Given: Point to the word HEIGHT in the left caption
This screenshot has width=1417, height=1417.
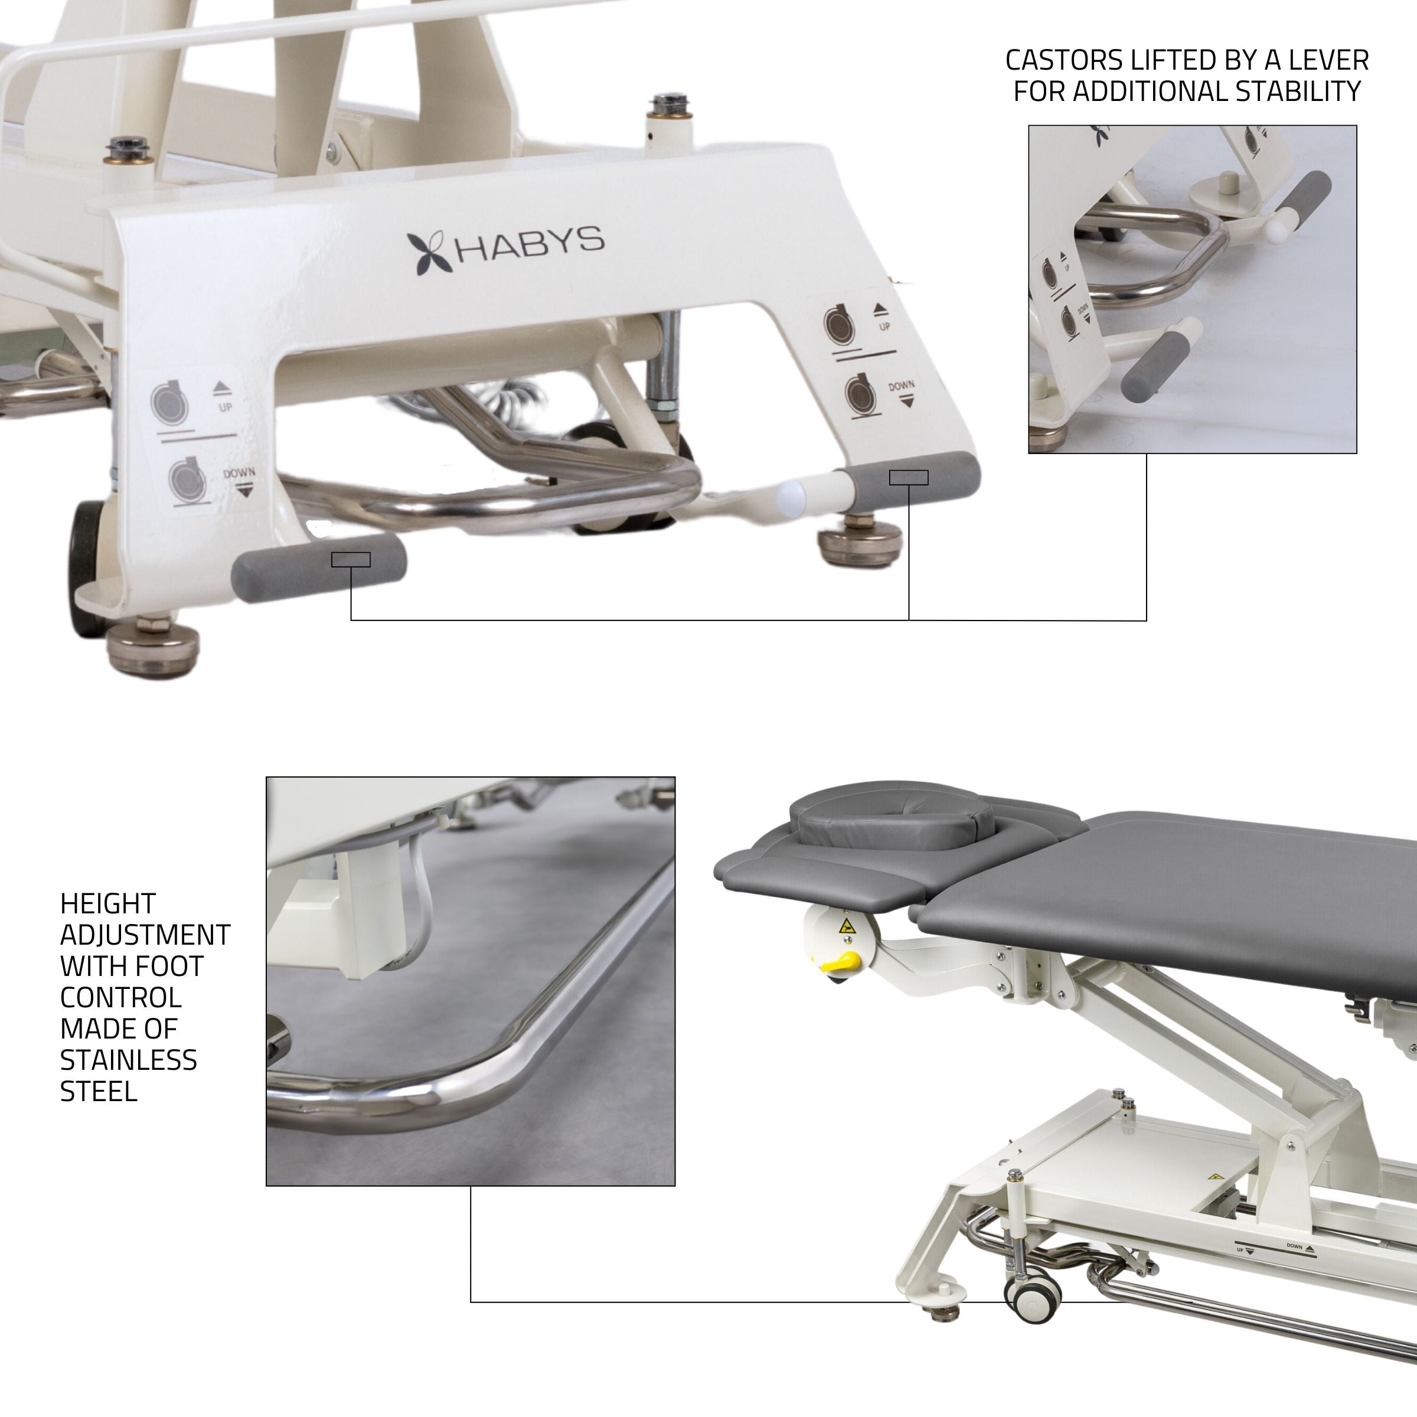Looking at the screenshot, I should coord(108,903).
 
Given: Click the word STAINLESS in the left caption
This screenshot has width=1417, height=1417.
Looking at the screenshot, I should coord(128,1060).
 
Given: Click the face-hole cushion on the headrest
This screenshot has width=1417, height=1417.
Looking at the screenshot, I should coord(890,827).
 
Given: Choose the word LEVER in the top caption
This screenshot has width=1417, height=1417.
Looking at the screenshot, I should coord(1333,60).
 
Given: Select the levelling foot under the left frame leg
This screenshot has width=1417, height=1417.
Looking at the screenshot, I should coord(152,645).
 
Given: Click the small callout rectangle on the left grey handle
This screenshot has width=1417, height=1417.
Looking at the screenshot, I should coord(351,560).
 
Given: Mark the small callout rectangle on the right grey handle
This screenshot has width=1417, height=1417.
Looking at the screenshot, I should coord(908,478).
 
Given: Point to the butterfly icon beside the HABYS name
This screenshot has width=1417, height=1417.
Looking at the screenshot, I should coord(430,253).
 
